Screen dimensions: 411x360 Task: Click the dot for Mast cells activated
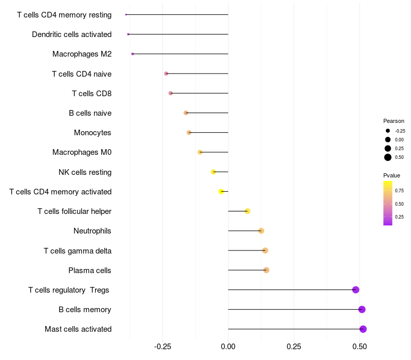tap(363, 329)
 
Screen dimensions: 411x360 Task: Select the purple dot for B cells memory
tap(362, 310)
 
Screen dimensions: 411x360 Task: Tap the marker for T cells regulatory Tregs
tap(356, 290)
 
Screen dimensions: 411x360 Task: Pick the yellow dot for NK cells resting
tap(213, 172)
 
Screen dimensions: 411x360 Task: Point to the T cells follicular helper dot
tap(248, 211)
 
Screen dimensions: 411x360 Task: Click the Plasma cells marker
tap(266, 270)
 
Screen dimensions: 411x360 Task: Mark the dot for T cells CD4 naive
tap(166, 74)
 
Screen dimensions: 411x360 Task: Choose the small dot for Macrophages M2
tap(133, 54)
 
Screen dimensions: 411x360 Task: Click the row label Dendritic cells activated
tap(72, 34)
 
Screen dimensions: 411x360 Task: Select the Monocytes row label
tap(92, 133)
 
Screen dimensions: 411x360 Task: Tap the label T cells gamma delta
tap(78, 251)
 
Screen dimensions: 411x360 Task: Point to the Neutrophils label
tap(92, 231)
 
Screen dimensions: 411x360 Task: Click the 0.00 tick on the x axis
tap(228, 347)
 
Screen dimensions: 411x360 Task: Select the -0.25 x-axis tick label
tap(162, 347)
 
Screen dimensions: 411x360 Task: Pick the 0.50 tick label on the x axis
tap(360, 347)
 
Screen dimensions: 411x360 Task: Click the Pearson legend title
tap(394, 121)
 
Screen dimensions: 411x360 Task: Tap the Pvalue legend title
tap(391, 175)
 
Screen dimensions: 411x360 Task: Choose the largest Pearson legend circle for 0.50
tap(388, 157)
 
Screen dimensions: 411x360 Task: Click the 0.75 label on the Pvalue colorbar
tap(399, 191)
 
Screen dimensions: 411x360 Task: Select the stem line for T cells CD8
tap(199, 93)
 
